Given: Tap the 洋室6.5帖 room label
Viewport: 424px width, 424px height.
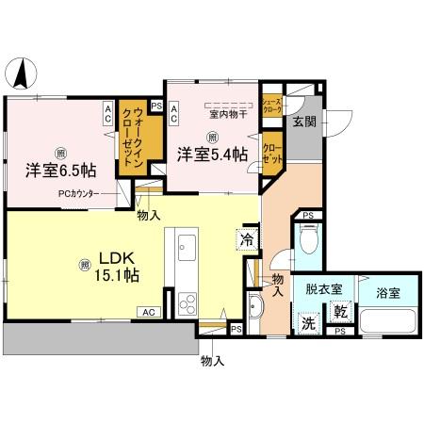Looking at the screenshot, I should (x=60, y=171).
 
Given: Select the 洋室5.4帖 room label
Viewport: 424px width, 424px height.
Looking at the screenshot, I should (x=215, y=155).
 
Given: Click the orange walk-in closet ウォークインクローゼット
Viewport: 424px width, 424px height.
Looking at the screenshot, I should (x=132, y=142).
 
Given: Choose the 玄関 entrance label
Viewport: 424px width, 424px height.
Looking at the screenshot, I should (x=303, y=122).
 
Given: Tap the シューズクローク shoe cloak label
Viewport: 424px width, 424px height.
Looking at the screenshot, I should (x=271, y=106).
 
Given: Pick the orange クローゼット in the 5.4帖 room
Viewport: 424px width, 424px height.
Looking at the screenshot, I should (x=271, y=154).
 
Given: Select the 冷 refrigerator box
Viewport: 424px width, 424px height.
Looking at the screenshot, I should (x=247, y=238).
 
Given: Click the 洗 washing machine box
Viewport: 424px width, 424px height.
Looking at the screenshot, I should (x=308, y=321).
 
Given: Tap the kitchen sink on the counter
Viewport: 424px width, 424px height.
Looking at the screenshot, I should (x=185, y=249).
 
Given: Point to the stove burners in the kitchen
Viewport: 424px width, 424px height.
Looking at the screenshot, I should (x=186, y=303).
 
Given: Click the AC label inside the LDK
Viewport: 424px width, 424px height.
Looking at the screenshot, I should (x=149, y=312).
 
